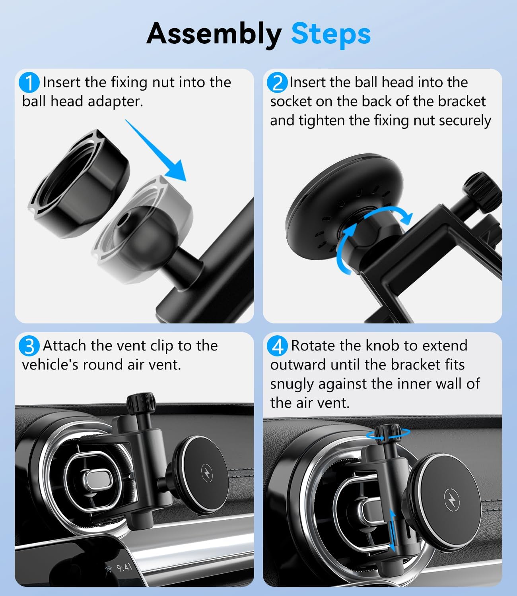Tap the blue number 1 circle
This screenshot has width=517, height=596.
pyautogui.click(x=29, y=83)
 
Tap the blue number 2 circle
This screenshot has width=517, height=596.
pyautogui.click(x=277, y=83)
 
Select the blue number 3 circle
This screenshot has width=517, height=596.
pyautogui.click(x=29, y=346)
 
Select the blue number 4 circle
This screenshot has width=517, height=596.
pyautogui.click(x=277, y=346)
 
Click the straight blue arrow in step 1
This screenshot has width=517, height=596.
pyautogui.click(x=156, y=150)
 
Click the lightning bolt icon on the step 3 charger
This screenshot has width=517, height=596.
pyautogui.click(x=207, y=473)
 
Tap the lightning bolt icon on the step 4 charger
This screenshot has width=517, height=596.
pyautogui.click(x=452, y=500)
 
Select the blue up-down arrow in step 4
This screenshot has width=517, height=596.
pyautogui.click(x=392, y=530)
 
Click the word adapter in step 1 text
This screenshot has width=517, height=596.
pyautogui.click(x=115, y=102)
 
